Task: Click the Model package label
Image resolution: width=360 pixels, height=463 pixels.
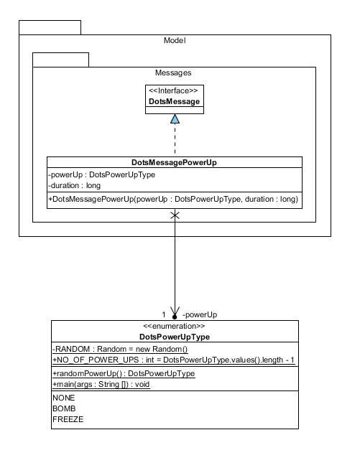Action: pos(175,40)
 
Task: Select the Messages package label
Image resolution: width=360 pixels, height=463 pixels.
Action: pos(173,73)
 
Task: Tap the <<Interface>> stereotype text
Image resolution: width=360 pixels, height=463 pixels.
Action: pos(173,90)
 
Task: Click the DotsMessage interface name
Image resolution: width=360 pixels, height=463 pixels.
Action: pos(174,102)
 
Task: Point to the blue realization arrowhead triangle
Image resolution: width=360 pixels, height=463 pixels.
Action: pos(175,118)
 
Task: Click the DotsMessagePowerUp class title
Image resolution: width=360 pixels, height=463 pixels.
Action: pos(174,162)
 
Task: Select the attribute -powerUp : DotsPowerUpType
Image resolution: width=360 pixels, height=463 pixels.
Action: pos(101,175)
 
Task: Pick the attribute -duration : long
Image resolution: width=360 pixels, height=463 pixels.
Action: pos(75,186)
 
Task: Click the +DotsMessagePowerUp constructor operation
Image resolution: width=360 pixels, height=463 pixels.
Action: pos(173,200)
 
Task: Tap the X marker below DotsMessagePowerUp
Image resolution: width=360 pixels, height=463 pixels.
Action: pos(175,215)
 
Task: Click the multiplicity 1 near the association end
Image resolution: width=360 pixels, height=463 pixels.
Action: pos(164,315)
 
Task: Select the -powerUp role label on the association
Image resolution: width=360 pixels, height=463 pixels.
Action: pos(200,315)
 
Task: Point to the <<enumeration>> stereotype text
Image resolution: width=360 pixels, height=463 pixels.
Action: pos(174,327)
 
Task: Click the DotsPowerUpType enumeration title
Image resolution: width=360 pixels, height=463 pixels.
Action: pos(175,337)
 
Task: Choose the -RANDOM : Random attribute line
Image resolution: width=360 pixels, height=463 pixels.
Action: pos(120,350)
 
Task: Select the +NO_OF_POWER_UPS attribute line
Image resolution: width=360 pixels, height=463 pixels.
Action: pos(173,360)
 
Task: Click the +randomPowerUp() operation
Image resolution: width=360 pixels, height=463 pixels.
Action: pos(124,373)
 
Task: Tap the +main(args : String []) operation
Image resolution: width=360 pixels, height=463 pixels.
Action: pos(101,385)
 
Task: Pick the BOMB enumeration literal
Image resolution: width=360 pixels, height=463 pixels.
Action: pos(64,408)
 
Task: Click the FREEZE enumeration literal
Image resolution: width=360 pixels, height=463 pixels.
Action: pos(68,419)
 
